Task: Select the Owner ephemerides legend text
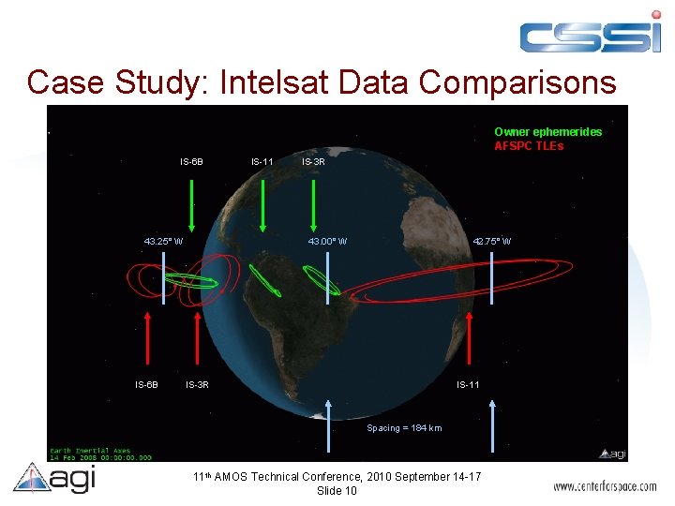click(547, 132)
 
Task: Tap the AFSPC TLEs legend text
click(530, 146)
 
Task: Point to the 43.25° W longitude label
click(163, 242)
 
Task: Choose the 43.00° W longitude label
click(328, 242)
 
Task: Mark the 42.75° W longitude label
click(492, 242)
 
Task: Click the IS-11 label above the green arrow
click(262, 162)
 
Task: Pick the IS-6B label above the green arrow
click(191, 162)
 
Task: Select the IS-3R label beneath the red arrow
click(197, 384)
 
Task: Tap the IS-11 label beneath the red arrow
click(468, 384)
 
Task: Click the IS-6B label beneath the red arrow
click(146, 384)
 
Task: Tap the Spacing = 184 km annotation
click(404, 428)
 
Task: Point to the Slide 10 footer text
click(337, 491)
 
